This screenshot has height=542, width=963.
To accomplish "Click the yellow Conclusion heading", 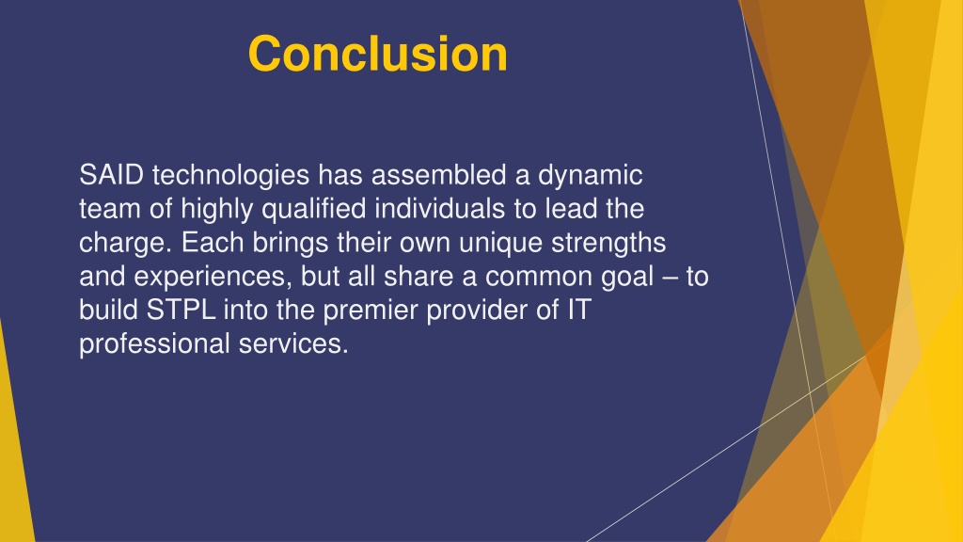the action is [x=378, y=54].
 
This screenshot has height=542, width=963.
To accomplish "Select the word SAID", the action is [x=111, y=175].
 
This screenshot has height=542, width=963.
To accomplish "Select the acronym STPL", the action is [x=181, y=311].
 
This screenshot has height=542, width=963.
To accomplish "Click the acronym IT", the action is [x=578, y=311].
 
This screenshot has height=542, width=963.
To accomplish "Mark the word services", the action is [x=293, y=344].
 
